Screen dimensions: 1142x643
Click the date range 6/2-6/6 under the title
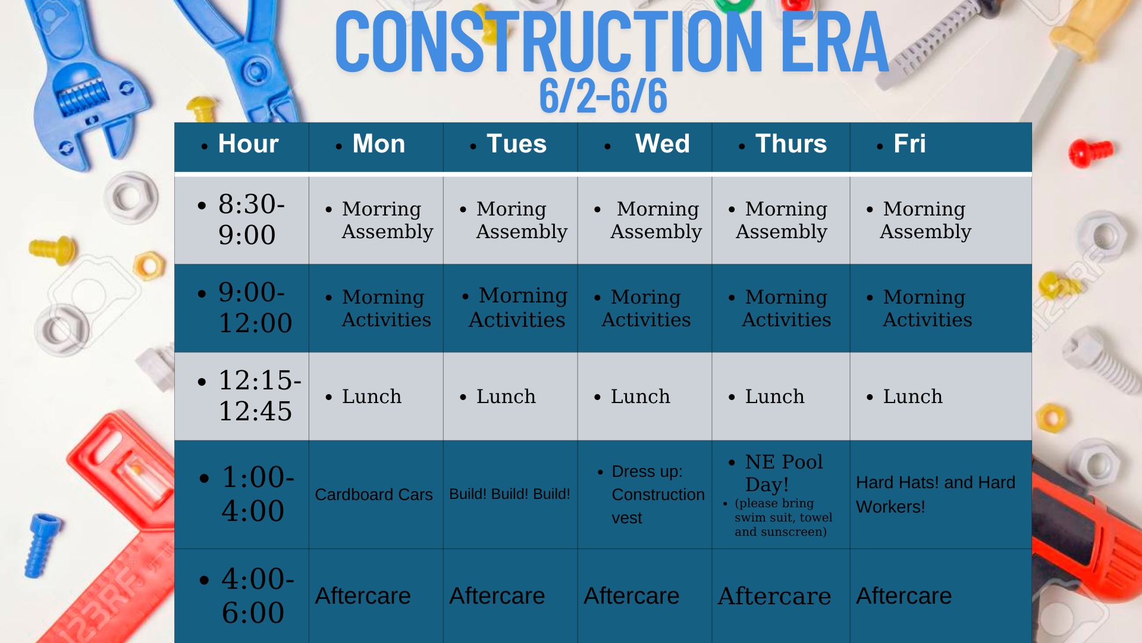coord(603,96)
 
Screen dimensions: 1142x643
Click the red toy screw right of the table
coord(1090,153)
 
